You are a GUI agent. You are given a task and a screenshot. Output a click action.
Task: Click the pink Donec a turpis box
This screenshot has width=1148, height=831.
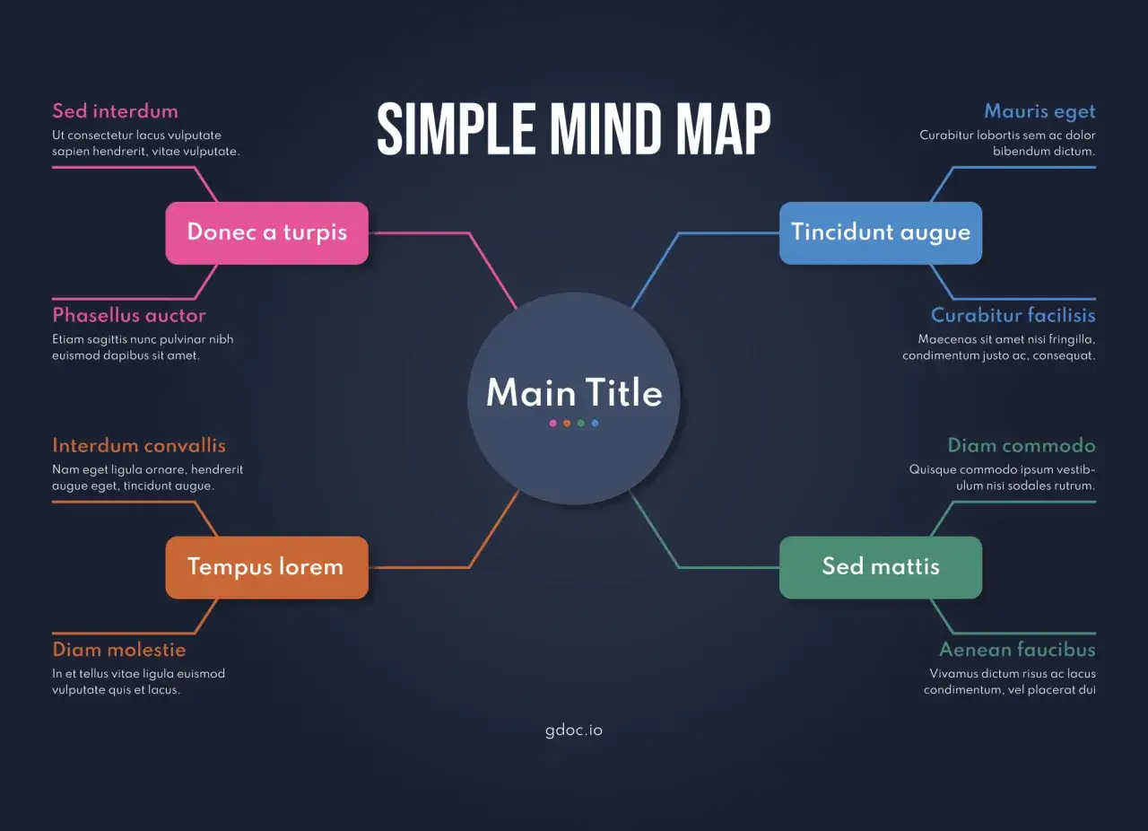[266, 233]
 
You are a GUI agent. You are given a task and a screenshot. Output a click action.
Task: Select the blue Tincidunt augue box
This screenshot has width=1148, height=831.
[881, 233]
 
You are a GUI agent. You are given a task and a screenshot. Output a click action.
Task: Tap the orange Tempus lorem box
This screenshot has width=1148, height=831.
[266, 567]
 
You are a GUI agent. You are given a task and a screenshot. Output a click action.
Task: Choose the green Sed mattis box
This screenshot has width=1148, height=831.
[881, 567]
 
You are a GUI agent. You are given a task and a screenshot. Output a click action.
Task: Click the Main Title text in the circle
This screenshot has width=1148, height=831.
[574, 392]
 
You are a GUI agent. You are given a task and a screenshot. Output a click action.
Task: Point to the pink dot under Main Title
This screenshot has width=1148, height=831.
[552, 424]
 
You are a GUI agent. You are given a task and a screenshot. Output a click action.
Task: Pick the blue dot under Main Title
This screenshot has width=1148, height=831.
[595, 424]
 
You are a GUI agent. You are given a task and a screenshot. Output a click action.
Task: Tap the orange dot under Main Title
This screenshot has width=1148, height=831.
[567, 424]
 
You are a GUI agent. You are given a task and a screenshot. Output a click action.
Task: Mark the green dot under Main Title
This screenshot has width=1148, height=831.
[580, 424]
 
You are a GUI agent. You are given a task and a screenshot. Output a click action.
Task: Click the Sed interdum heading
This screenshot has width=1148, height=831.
[116, 111]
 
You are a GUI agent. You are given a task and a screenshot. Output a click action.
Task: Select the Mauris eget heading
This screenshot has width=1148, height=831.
[1039, 112]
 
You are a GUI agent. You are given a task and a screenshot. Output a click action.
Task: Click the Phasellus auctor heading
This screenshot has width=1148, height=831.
[129, 315]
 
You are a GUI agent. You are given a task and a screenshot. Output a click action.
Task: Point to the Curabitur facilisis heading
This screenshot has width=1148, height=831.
[1013, 315]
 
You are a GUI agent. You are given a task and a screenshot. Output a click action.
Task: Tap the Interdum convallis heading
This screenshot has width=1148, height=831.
[139, 445]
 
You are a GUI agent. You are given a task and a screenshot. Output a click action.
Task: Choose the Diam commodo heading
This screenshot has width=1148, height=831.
[1022, 445]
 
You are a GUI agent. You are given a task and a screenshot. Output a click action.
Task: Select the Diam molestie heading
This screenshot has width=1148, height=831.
[119, 650]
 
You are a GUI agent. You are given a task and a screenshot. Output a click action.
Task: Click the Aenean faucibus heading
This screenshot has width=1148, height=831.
[1017, 650]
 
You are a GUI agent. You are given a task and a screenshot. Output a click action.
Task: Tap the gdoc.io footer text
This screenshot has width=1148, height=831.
[574, 730]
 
